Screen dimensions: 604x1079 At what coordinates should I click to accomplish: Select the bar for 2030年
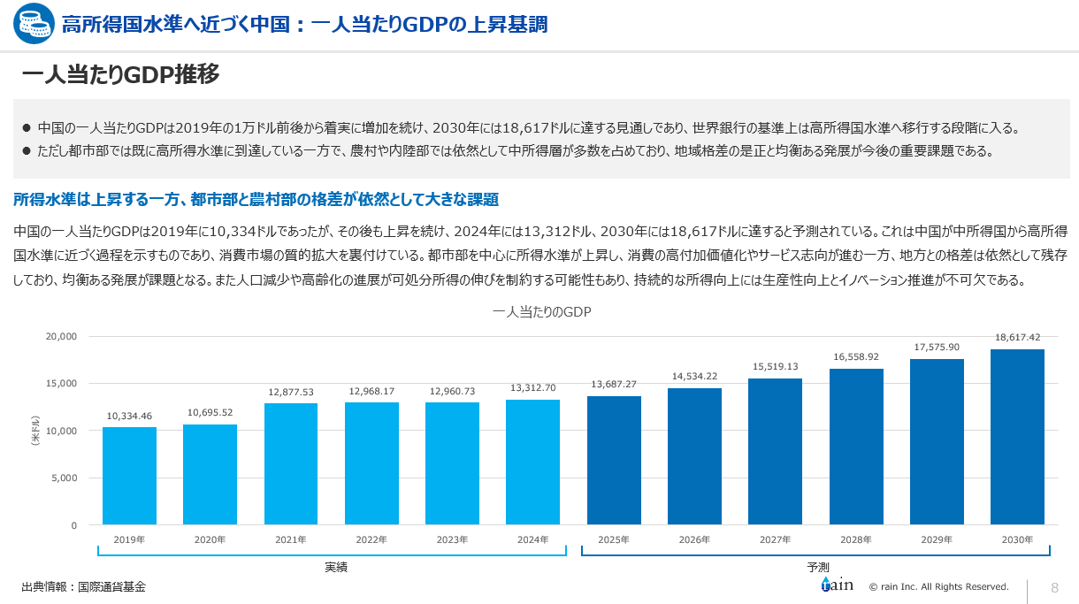[1017, 437]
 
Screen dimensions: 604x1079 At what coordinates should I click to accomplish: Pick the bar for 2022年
[371, 463]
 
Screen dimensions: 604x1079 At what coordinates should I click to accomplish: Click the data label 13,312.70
[532, 388]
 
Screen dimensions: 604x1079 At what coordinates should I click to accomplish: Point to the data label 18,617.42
[1017, 337]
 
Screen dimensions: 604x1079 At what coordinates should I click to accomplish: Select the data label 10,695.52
[210, 412]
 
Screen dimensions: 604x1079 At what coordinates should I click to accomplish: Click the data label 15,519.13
[775, 366]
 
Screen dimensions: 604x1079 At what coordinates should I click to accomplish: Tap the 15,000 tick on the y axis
[62, 383]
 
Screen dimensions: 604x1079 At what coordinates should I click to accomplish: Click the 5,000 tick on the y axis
[65, 478]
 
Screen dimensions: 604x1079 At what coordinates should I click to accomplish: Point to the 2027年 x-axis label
[775, 539]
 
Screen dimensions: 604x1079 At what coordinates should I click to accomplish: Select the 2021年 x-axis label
[291, 539]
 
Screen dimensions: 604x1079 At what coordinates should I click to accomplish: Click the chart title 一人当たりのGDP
[541, 312]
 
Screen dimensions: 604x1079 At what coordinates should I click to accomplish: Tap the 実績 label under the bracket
[336, 568]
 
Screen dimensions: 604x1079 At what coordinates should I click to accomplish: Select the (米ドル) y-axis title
[35, 431]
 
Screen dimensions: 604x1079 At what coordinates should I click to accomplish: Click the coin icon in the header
[32, 24]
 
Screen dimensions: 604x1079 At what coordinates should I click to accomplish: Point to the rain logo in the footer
[836, 585]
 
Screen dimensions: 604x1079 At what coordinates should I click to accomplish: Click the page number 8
[1054, 588]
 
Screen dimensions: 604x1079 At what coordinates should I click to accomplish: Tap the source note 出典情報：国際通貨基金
[83, 586]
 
